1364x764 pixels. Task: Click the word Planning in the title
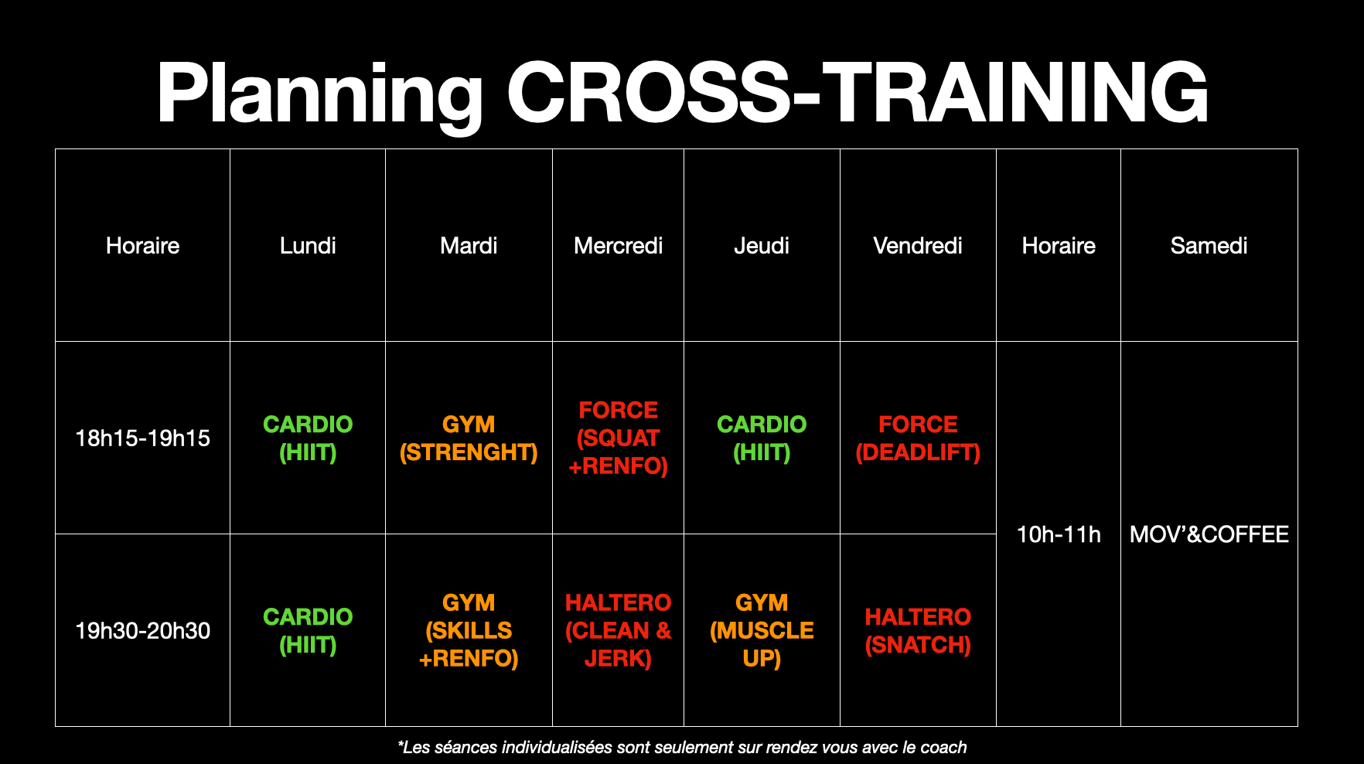pyautogui.click(x=320, y=94)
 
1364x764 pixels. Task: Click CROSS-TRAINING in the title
pyautogui.click(x=858, y=93)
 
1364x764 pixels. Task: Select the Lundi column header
pyautogui.click(x=308, y=246)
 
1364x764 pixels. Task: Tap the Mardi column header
pyautogui.click(x=469, y=246)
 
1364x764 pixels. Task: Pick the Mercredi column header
pyautogui.click(x=619, y=246)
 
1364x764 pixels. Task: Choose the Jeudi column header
pyautogui.click(x=762, y=246)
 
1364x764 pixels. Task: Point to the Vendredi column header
pyautogui.click(x=918, y=246)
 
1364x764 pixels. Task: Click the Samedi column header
pyautogui.click(x=1209, y=246)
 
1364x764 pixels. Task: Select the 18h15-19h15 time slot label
pyautogui.click(x=143, y=438)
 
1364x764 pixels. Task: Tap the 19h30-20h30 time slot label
pyautogui.click(x=143, y=631)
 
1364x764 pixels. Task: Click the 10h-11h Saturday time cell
pyautogui.click(x=1059, y=534)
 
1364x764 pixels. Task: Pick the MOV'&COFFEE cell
pyautogui.click(x=1209, y=534)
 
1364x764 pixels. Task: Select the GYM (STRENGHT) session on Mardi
pyautogui.click(x=469, y=438)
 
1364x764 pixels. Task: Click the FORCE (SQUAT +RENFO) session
pyautogui.click(x=619, y=438)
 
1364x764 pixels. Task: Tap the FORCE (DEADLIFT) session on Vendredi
pyautogui.click(x=918, y=438)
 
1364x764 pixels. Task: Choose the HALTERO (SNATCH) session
pyautogui.click(x=918, y=631)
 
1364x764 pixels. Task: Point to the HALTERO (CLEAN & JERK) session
pyautogui.click(x=619, y=631)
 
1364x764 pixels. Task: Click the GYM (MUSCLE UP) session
pyautogui.click(x=762, y=631)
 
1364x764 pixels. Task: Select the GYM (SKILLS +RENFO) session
pyautogui.click(x=469, y=631)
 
